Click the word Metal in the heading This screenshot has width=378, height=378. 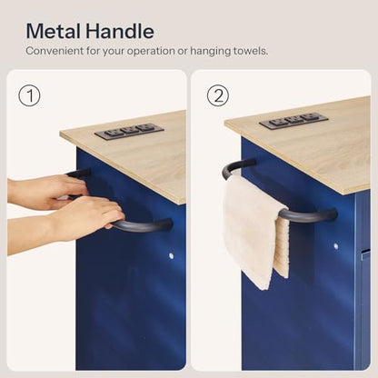click(x=54, y=31)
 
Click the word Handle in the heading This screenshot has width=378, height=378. click(x=119, y=31)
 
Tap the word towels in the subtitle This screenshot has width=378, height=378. click(x=250, y=51)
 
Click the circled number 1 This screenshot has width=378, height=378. click(x=29, y=95)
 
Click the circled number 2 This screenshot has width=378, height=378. click(x=218, y=95)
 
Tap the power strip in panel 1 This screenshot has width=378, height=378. click(x=129, y=131)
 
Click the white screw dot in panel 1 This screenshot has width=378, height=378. click(x=171, y=256)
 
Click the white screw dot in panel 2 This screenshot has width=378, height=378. click(x=336, y=246)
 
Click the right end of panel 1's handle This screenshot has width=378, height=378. click(x=168, y=224)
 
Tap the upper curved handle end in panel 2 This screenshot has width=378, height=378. click(x=234, y=166)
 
